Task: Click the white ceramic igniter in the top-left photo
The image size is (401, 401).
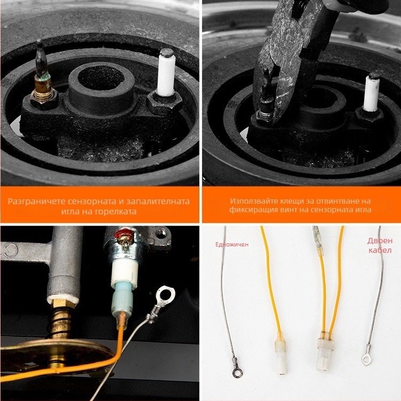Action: tap(166, 73)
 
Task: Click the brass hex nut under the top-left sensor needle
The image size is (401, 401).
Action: tap(44, 98)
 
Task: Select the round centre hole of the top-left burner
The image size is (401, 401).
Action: tap(101, 78)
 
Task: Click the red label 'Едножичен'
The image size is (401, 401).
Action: tap(232, 244)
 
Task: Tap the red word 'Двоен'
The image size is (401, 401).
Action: tap(380, 241)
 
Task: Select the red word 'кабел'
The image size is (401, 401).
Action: tap(380, 250)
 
